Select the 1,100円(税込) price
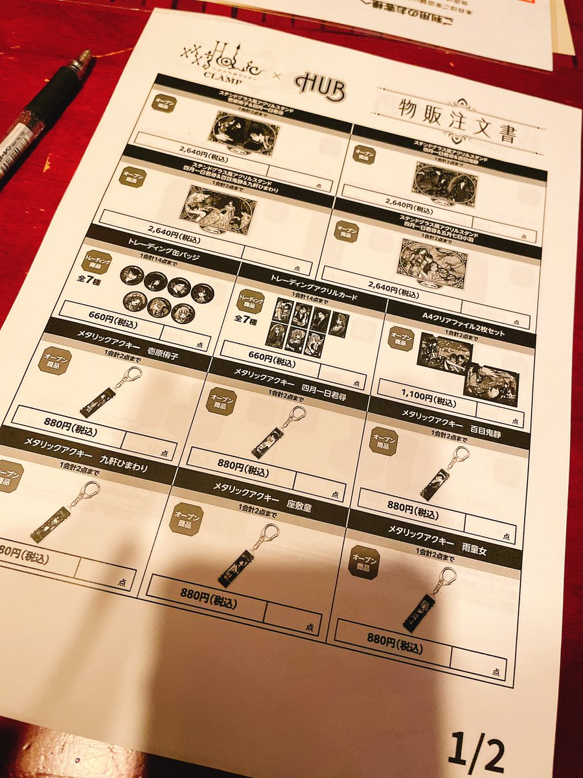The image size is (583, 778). pyautogui.click(x=417, y=395)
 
